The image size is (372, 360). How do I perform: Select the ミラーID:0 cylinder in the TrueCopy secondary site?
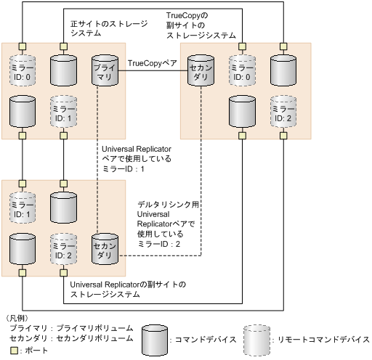click(x=242, y=71)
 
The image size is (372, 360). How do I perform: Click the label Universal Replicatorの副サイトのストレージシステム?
click(x=128, y=289)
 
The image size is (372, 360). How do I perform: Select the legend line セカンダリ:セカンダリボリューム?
click(x=71, y=338)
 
